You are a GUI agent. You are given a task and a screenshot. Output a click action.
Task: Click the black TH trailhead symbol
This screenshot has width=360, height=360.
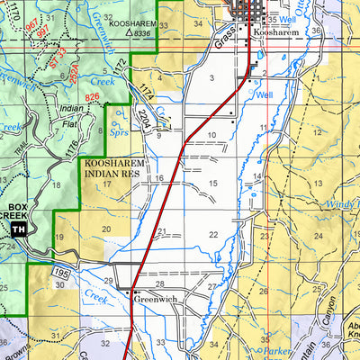19,229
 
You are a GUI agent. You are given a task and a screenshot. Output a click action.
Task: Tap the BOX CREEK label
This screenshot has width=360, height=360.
17,211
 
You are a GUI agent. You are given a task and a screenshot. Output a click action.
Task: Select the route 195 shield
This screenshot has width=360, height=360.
60,271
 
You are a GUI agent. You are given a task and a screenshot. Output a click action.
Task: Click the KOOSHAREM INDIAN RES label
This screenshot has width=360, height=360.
113,170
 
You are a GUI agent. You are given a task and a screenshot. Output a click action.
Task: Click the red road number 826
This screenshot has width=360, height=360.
91,95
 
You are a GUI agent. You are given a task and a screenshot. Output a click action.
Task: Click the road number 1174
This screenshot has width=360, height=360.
144,92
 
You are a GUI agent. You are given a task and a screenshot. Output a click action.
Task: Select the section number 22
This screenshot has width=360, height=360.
212,235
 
